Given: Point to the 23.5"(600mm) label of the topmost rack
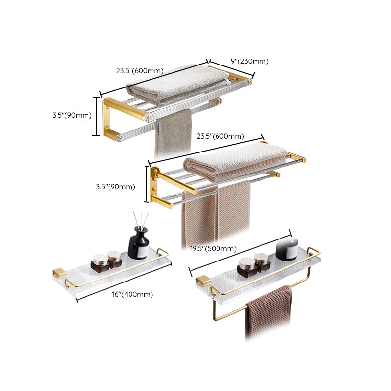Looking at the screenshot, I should click(x=139, y=71).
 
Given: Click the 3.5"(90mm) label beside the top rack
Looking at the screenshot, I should click(x=72, y=115).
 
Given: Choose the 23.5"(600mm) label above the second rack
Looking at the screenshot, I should click(x=220, y=136).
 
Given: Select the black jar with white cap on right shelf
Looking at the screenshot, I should click(x=287, y=247).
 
